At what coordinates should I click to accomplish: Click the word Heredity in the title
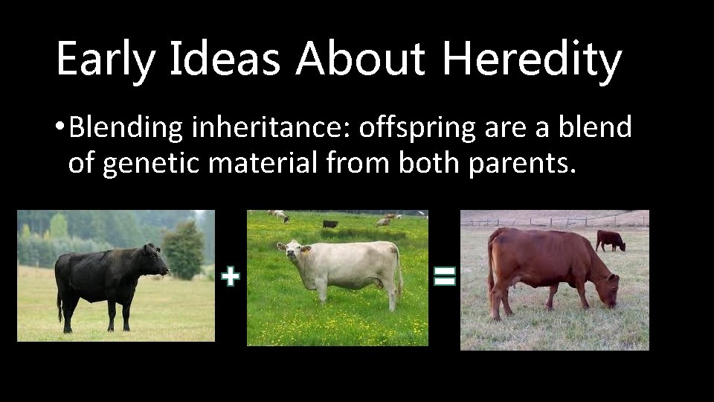531,60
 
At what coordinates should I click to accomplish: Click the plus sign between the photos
231,278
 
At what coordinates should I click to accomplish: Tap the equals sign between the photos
444,278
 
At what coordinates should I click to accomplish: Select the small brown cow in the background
610,240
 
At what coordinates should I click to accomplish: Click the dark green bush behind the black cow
183,249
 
